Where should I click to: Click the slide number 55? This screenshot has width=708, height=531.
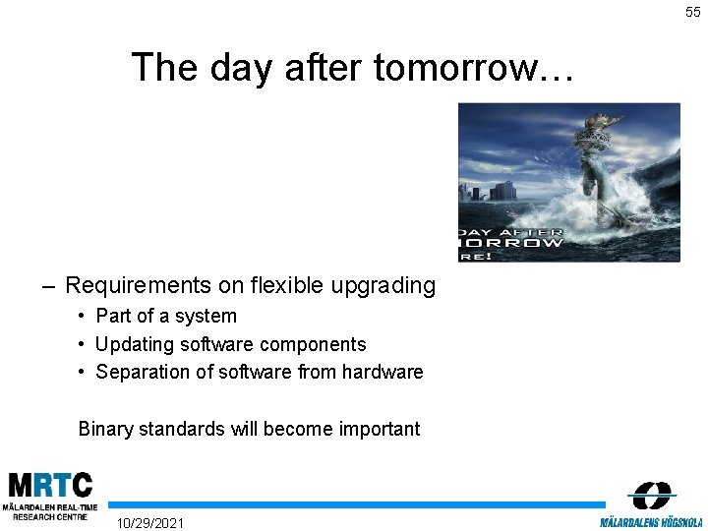[x=693, y=12]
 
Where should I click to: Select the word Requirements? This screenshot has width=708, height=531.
[x=138, y=286]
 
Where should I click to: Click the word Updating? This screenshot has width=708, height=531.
[x=132, y=344]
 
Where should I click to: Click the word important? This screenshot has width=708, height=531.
[x=380, y=429]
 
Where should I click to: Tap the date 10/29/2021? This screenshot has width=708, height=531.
[x=149, y=522]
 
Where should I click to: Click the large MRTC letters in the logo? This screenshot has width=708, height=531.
[x=50, y=486]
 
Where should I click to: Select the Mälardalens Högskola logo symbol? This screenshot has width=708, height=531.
[x=651, y=496]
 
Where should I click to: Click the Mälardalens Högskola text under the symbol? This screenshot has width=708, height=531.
[x=651, y=521]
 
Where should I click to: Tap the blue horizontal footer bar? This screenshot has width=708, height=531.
[x=354, y=504]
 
